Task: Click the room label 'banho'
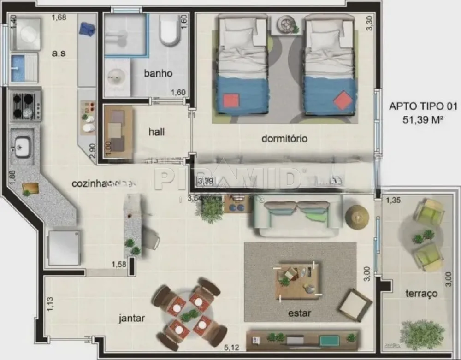click(x=158, y=73)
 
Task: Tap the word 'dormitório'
click(x=284, y=138)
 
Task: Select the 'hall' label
click(x=157, y=131)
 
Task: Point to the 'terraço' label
click(x=421, y=293)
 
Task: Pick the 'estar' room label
click(x=300, y=313)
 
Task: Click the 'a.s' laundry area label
click(x=59, y=53)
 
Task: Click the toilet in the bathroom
click(x=170, y=30)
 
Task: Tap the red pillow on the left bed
click(x=230, y=101)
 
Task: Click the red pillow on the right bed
click(x=343, y=100)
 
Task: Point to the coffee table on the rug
click(x=298, y=280)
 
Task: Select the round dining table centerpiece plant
click(x=189, y=315)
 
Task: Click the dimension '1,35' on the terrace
click(x=393, y=200)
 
